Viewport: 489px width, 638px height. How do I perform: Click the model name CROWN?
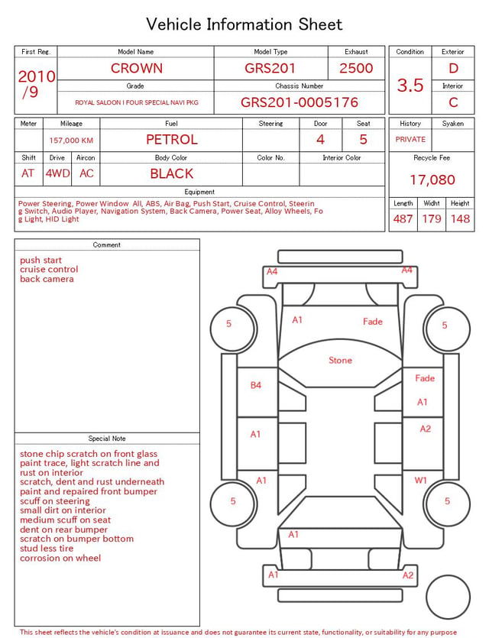(137, 68)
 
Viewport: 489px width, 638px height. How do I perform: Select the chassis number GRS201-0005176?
(300, 102)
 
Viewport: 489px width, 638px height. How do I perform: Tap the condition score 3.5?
(410, 86)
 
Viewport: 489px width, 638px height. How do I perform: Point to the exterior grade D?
(453, 68)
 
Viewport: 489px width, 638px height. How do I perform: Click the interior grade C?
(453, 102)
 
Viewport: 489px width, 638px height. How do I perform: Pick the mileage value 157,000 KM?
(71, 141)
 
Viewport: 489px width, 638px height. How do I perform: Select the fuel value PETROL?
(172, 140)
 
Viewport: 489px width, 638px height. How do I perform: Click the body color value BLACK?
(172, 173)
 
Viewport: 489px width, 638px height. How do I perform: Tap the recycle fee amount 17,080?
(432, 180)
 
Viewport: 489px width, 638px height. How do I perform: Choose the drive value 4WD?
(57, 173)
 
